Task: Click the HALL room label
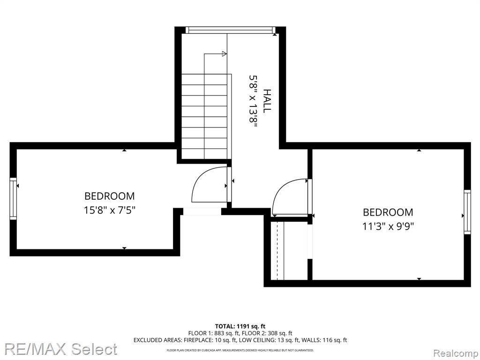pyautogui.click(x=267, y=101)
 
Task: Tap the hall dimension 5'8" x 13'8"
pyautogui.click(x=252, y=100)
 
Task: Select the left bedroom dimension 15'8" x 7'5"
pyautogui.click(x=110, y=210)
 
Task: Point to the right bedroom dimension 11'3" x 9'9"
pyautogui.click(x=388, y=226)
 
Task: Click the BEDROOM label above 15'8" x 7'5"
pyautogui.click(x=110, y=196)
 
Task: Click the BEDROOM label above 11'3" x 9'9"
pyautogui.click(x=388, y=212)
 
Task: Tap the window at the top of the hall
pyautogui.click(x=231, y=30)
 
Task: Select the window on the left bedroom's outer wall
pyautogui.click(x=13, y=198)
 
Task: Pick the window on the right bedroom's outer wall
pyautogui.click(x=467, y=212)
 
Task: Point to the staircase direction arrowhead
pyautogui.click(x=225, y=54)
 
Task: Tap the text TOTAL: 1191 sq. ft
pyautogui.click(x=238, y=326)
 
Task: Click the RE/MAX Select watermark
pyautogui.click(x=60, y=349)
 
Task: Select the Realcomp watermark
pyautogui.click(x=456, y=353)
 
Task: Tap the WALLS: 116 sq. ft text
pyautogui.click(x=324, y=340)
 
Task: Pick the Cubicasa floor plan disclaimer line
pyautogui.click(x=240, y=350)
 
